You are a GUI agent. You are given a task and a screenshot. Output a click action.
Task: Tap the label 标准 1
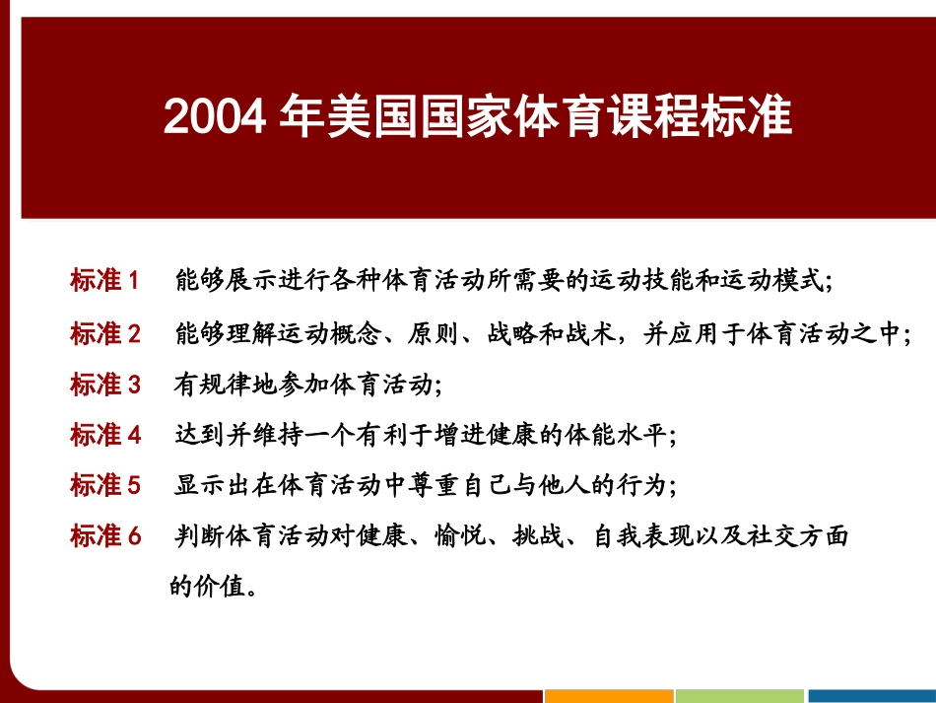point(105,280)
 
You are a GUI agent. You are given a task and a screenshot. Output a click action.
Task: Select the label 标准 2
point(105,334)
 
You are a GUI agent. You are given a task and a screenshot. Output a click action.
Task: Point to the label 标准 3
point(105,384)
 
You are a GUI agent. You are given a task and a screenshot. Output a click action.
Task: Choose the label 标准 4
point(105,435)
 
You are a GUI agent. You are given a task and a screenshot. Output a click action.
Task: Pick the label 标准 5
point(105,485)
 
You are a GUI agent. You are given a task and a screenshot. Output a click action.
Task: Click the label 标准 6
point(105,536)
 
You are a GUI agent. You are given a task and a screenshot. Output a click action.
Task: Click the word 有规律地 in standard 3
point(225,384)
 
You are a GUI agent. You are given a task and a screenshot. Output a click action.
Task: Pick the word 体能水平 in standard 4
point(617,435)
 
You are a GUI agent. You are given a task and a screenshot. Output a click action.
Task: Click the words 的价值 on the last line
point(205,587)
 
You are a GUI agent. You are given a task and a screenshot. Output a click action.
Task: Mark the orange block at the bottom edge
point(609,696)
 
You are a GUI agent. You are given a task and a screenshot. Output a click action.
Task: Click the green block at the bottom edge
point(740,696)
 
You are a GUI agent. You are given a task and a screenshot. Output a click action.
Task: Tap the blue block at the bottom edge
point(871,696)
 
